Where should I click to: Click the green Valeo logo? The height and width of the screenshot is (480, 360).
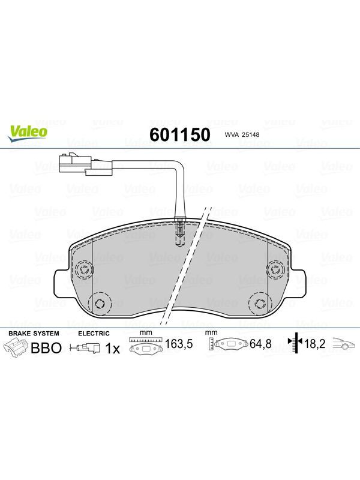coord(28,133)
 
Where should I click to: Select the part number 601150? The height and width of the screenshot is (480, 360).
coord(180,134)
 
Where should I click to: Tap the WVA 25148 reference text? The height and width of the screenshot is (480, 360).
coord(242,134)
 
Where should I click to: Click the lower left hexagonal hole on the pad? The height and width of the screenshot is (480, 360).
coord(100,304)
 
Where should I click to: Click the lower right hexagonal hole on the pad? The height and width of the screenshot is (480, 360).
coord(260,304)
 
